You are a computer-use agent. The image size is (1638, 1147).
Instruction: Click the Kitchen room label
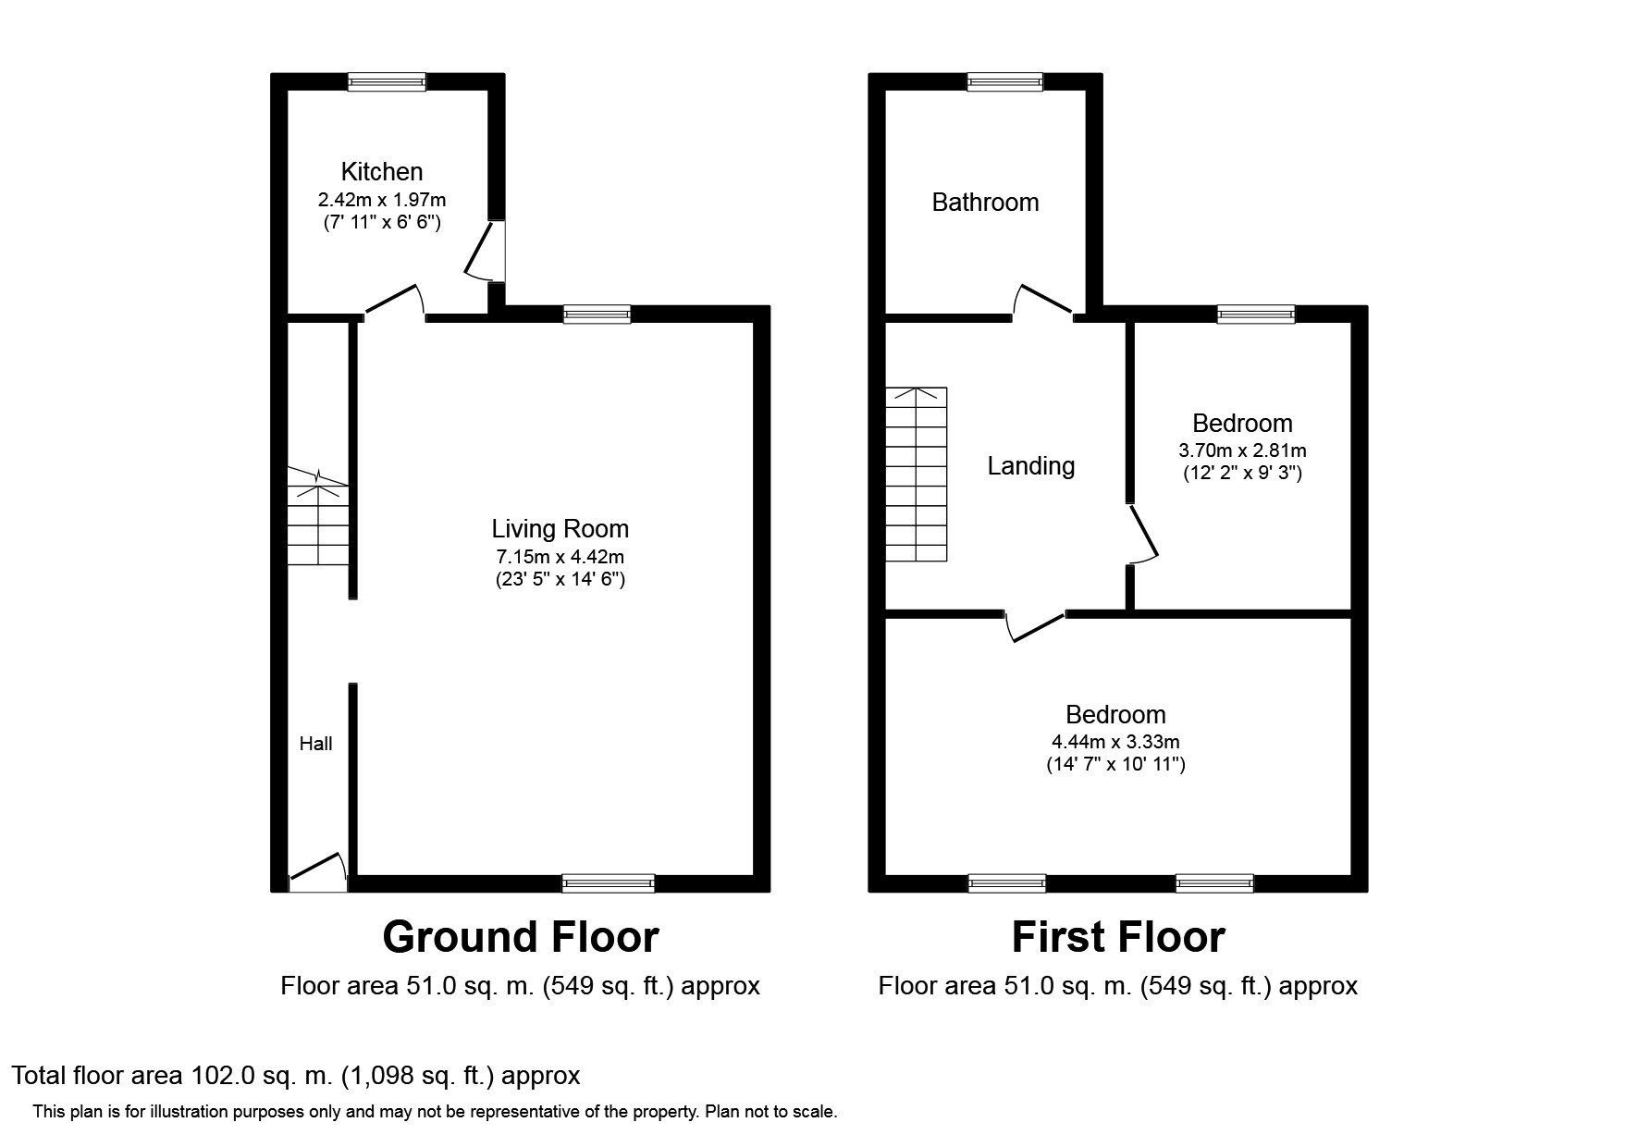click(x=382, y=172)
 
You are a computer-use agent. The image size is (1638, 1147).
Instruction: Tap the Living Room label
click(x=560, y=529)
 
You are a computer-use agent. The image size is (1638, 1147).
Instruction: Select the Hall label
click(x=315, y=744)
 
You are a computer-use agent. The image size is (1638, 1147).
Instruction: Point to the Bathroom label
click(x=985, y=203)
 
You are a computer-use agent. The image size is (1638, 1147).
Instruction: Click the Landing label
click(x=1031, y=466)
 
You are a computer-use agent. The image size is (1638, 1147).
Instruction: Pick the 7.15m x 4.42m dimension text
click(x=560, y=557)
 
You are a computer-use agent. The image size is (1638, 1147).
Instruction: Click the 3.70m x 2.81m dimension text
click(x=1242, y=451)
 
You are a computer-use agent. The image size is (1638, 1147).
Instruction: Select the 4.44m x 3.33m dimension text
click(x=1115, y=742)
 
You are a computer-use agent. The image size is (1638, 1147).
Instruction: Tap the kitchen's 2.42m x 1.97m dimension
click(x=382, y=200)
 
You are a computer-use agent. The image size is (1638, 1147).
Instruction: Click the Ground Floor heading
click(x=521, y=937)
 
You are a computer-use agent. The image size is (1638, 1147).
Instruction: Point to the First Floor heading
click(x=1118, y=937)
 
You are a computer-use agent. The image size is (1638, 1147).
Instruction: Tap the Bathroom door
click(x=1043, y=301)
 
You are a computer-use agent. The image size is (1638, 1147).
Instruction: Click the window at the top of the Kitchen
click(x=387, y=82)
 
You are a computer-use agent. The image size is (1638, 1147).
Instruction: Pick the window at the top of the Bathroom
click(x=1005, y=82)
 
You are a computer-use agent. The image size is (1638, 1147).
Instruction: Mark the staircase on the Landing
click(x=917, y=475)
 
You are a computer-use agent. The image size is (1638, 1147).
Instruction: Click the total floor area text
click(x=296, y=1076)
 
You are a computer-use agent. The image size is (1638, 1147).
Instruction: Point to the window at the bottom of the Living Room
click(x=609, y=883)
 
